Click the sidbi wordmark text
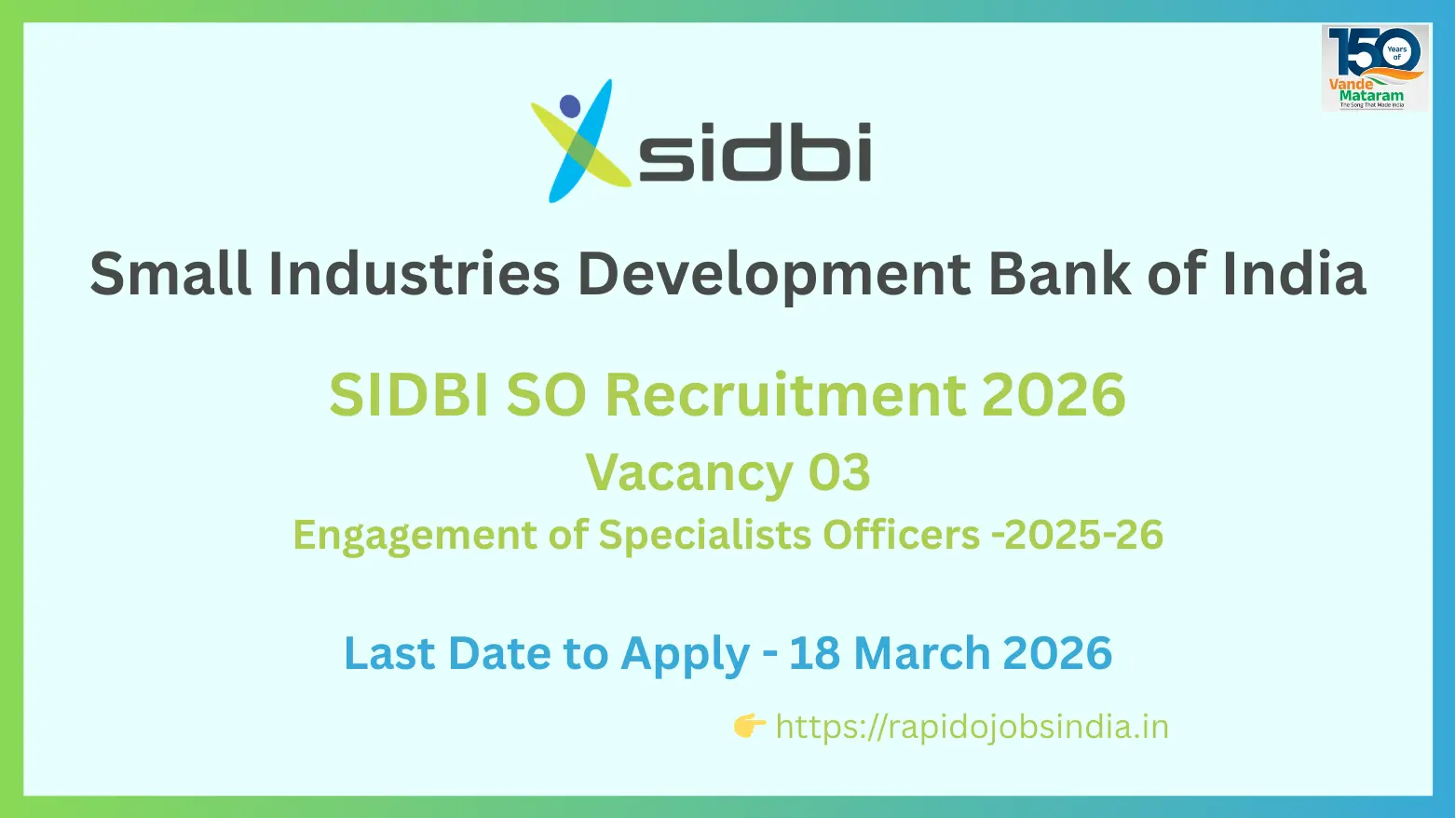755,151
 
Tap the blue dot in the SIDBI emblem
570,106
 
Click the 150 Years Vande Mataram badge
1374,68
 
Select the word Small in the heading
170,274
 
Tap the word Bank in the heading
1058,274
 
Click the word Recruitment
785,394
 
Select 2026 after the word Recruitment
1054,394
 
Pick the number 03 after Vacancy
838,472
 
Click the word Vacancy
688,474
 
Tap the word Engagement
415,536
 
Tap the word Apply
685,655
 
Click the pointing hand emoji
749,726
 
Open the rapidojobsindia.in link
972,727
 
